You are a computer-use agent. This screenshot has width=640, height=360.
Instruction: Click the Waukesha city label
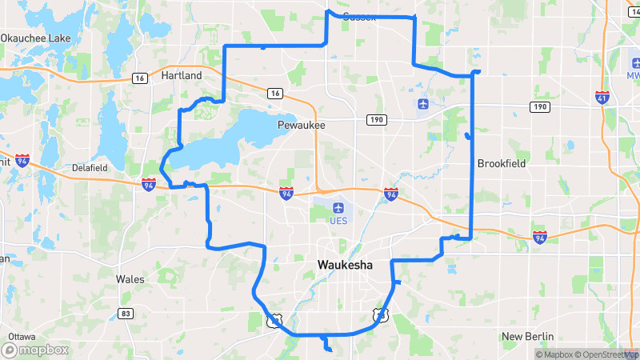pos(345,265)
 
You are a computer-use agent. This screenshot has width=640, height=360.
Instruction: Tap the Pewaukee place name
pos(301,126)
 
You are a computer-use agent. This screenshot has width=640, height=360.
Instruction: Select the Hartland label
pos(182,75)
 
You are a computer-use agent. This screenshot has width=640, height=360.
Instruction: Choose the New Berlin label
pos(528,337)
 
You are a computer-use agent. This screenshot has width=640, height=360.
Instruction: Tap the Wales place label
pos(130,279)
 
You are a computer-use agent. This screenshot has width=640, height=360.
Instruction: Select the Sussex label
pos(359,17)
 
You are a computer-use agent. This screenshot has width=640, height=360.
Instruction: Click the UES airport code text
pos(338,221)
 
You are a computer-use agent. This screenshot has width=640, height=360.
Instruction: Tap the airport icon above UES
pos(338,209)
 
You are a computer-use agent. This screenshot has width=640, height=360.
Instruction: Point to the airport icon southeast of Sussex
pos(422,104)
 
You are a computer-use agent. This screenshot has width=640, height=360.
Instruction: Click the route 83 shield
pos(125,313)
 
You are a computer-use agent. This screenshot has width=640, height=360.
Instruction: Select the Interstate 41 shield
pos(602,97)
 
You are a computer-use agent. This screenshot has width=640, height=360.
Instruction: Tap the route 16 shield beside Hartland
pos(140,78)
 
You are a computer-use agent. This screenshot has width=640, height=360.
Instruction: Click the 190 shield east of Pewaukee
pos(376,119)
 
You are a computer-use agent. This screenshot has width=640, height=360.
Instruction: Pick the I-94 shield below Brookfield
pos(540,237)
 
